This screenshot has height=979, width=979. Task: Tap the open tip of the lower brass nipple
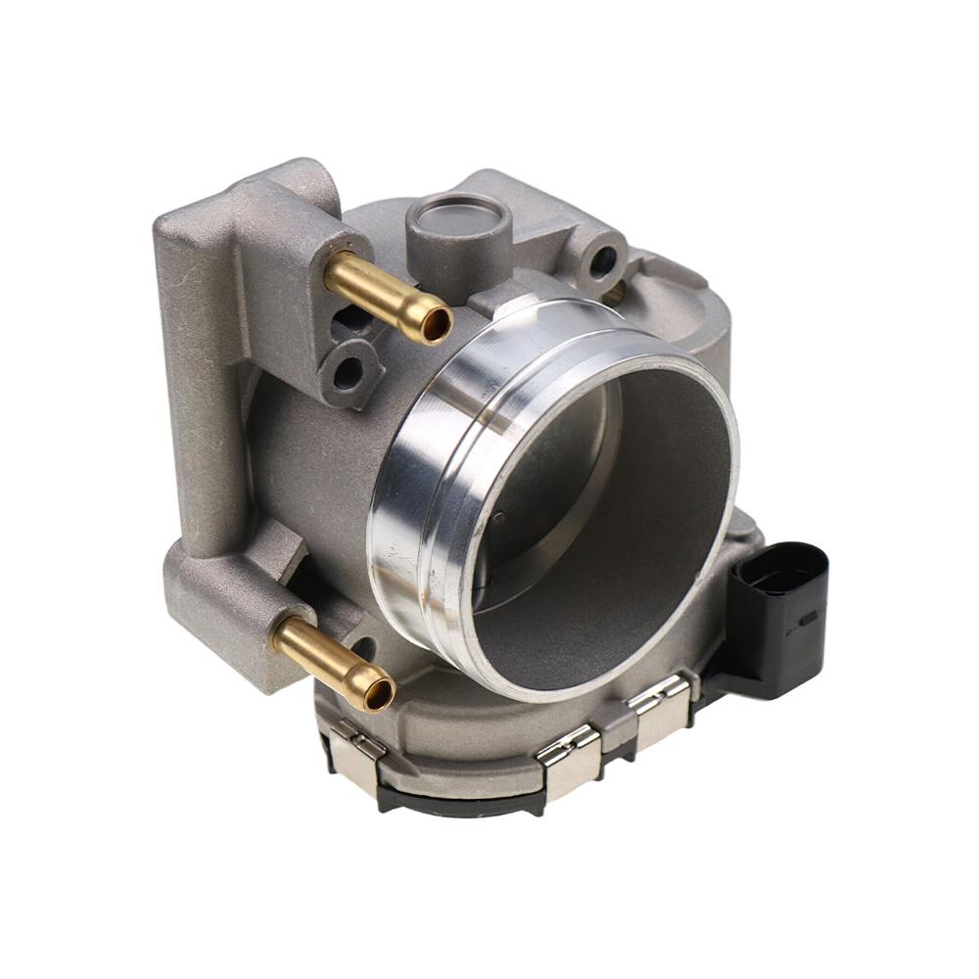coord(377,694)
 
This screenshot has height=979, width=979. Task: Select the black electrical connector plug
coord(778,617)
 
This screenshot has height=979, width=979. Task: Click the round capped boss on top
coord(459,216)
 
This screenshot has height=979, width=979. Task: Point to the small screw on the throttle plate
coord(497,518)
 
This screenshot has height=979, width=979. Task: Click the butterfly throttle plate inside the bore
coord(548,489)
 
